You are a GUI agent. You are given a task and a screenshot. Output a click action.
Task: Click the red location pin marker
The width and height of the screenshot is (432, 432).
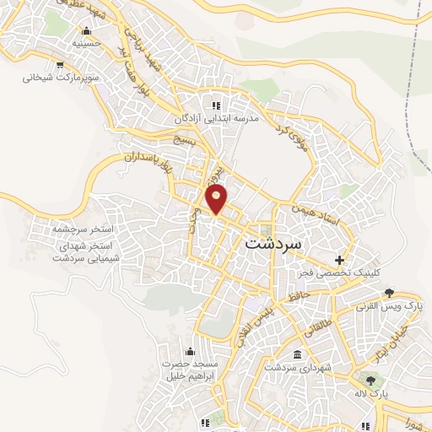coord(217,199)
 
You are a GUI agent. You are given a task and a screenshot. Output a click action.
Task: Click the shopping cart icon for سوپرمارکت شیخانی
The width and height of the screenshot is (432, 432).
coord(60,64)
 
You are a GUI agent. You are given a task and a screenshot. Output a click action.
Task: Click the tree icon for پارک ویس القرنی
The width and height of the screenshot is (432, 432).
coord(388,293)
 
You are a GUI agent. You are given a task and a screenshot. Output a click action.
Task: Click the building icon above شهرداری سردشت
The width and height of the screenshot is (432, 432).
coord(296,355)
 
